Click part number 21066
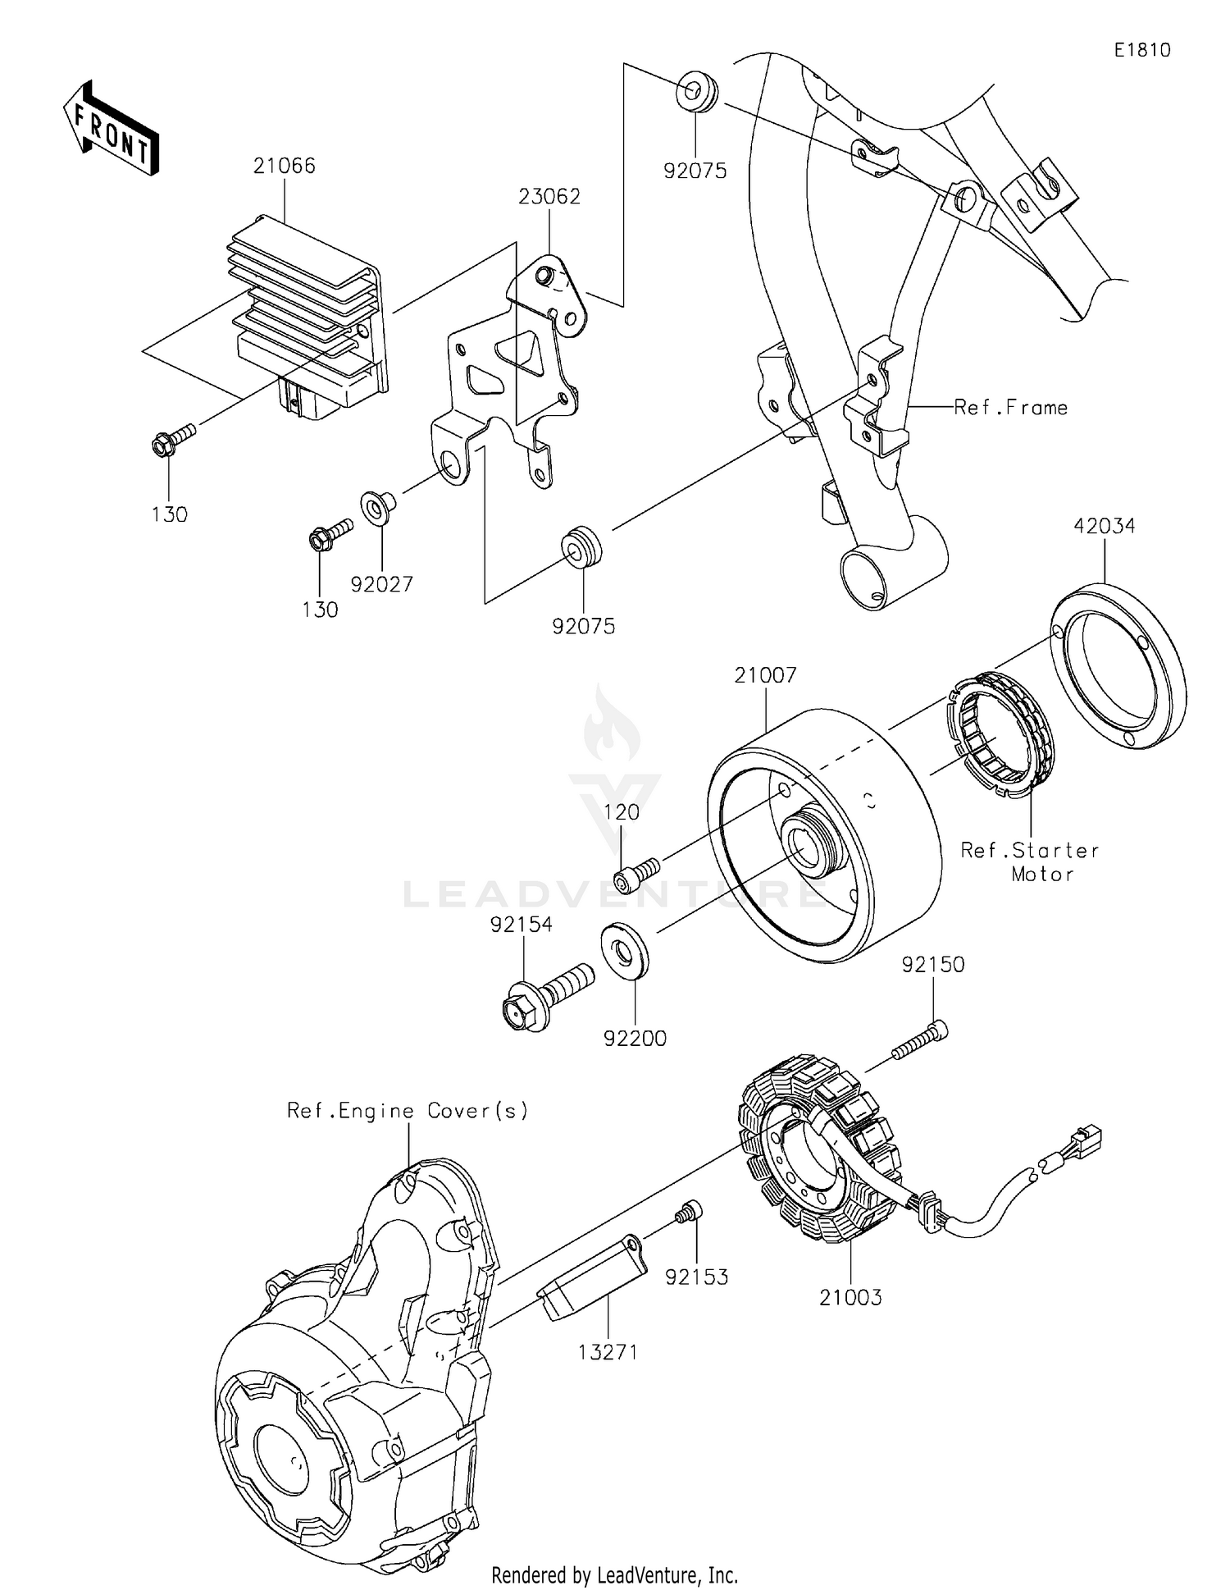point(284,166)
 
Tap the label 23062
point(549,197)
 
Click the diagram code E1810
point(1142,50)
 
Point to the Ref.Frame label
point(1010,408)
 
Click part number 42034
point(1105,526)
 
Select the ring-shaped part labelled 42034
point(1118,665)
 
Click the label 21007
point(765,675)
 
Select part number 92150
point(933,965)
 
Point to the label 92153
point(696,1277)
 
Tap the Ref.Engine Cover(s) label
point(408,1111)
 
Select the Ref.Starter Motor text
point(1030,862)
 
